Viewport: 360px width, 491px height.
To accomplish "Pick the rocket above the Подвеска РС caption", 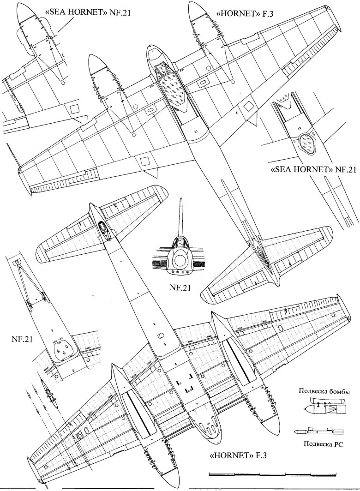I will pyautogui.click(x=318, y=431).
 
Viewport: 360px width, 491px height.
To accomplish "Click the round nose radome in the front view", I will pyautogui.click(x=179, y=260).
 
